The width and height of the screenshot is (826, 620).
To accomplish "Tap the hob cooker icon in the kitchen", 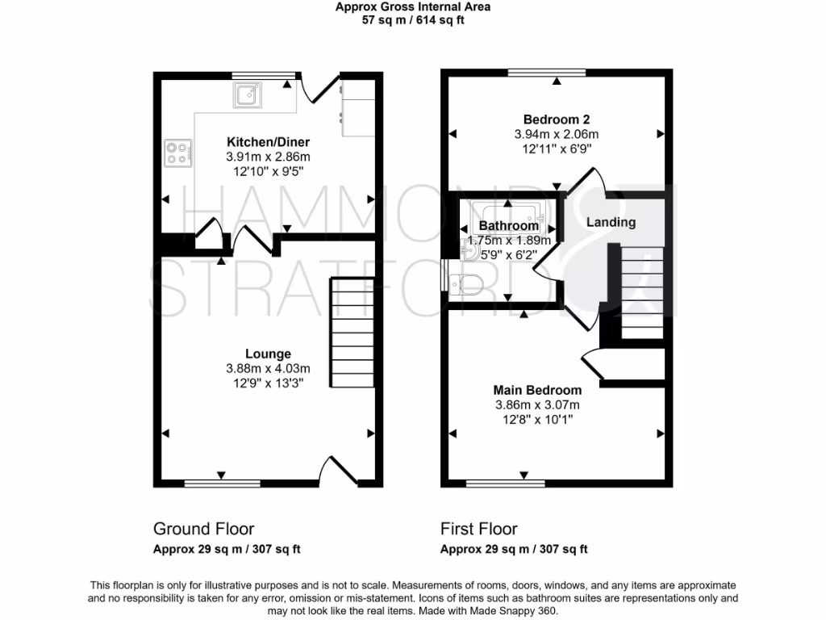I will pyautogui.click(x=178, y=153).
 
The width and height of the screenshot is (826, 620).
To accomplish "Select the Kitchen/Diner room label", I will pyautogui.click(x=268, y=142).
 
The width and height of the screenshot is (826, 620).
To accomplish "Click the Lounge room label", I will pyautogui.click(x=269, y=354).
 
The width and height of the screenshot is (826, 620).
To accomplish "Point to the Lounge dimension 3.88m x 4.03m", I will pyautogui.click(x=269, y=368).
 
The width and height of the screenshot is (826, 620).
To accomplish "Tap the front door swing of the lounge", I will pyautogui.click(x=340, y=470).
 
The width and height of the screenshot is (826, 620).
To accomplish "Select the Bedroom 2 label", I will pyautogui.click(x=556, y=119).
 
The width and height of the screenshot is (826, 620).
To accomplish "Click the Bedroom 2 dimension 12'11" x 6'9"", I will pyautogui.click(x=556, y=149).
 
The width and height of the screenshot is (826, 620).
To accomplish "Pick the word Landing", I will pyautogui.click(x=611, y=222).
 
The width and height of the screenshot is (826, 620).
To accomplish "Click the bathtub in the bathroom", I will pyautogui.click(x=508, y=213).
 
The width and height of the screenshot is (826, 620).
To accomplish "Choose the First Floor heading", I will pyautogui.click(x=479, y=529).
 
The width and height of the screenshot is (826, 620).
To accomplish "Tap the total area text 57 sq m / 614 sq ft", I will pyautogui.click(x=413, y=20).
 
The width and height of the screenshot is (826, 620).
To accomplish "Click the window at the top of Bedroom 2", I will pyautogui.click(x=547, y=74).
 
